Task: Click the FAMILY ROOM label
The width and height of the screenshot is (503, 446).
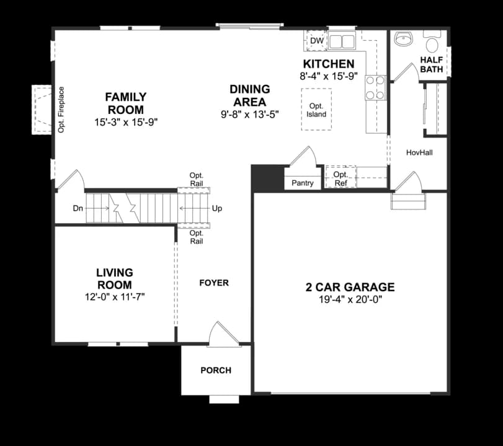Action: point(126,103)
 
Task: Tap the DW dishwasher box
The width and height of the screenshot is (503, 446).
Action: point(316,41)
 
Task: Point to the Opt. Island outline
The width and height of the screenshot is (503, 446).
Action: point(316,110)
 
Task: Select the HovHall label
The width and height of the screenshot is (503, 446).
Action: point(419,152)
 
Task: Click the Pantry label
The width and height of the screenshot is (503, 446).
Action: point(303,183)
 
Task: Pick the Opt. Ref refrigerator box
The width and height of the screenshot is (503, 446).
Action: point(341,177)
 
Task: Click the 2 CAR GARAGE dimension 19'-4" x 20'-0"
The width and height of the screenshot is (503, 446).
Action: point(350,300)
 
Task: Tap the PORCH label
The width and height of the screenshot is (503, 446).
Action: point(216,370)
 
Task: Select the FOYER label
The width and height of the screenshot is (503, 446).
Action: point(214,283)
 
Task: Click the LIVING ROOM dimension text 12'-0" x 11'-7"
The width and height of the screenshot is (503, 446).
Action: point(115,297)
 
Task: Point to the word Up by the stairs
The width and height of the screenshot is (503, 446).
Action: point(217,209)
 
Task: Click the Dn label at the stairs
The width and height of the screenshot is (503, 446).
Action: point(78,209)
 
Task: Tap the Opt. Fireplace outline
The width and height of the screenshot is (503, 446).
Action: point(43,110)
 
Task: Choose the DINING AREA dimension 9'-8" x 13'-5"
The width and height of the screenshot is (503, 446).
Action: point(249,114)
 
